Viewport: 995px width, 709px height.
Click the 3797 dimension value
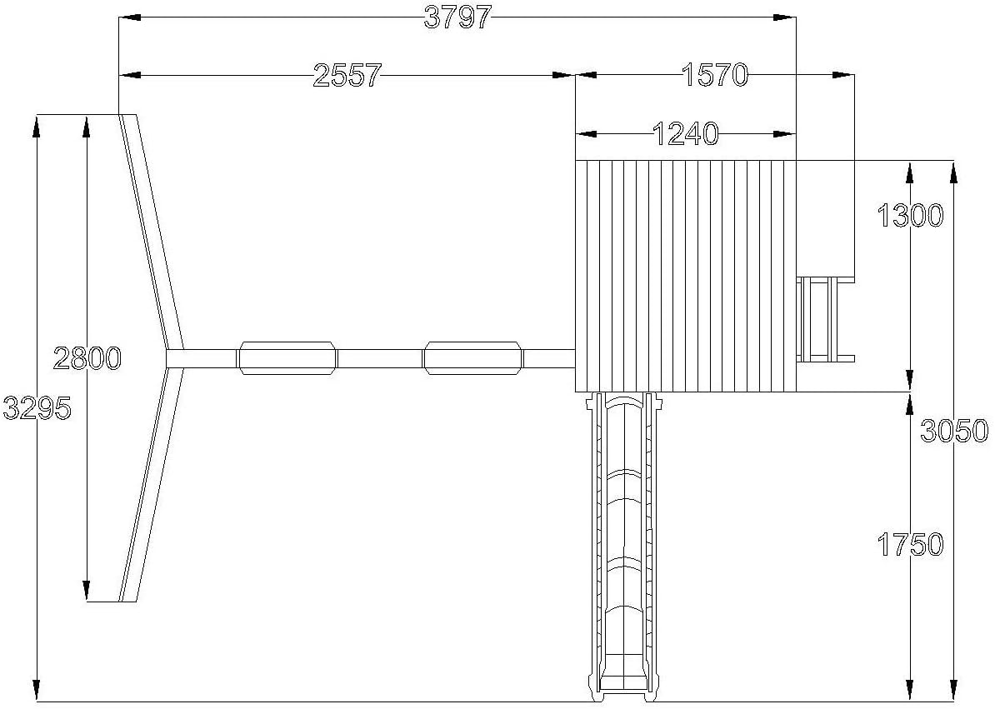click(457, 17)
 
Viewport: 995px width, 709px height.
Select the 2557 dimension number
click(347, 76)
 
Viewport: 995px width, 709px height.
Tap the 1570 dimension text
click(715, 75)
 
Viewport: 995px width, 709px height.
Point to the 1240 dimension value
click(685, 134)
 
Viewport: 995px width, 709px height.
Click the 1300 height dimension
click(911, 217)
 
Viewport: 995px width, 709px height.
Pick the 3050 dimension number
click(954, 432)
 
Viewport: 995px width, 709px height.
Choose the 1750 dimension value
click(911, 545)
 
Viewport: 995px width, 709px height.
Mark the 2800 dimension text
click(87, 358)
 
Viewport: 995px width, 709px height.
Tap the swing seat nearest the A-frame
click(288, 358)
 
